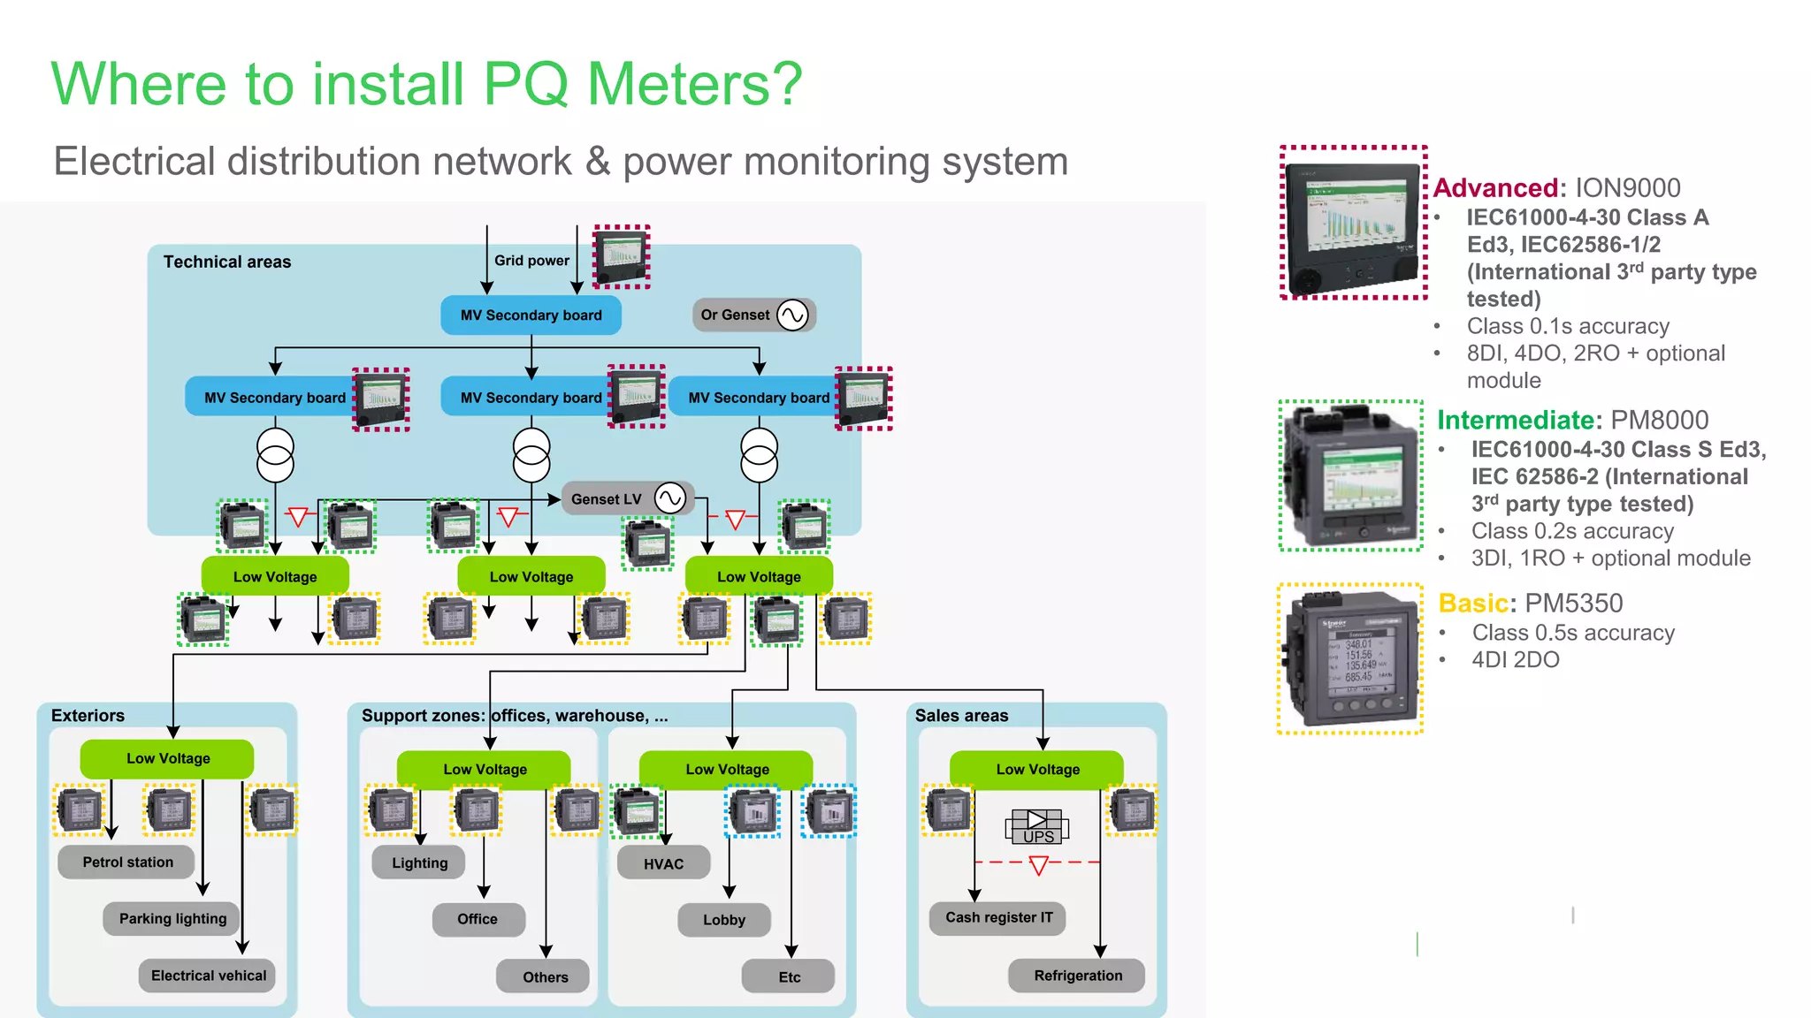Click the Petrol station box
(126, 862)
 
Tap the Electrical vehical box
(208, 976)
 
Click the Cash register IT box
(997, 917)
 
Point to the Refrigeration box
(1077, 976)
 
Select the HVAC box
(663, 863)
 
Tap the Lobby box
(724, 920)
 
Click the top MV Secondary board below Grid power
(531, 315)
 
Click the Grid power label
(531, 261)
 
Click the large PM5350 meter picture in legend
(1350, 659)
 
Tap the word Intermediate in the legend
(1518, 420)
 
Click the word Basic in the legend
(1472, 603)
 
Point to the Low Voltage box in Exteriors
(167, 758)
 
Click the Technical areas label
(226, 262)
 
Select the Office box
(478, 919)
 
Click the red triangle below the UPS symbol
(1039, 865)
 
